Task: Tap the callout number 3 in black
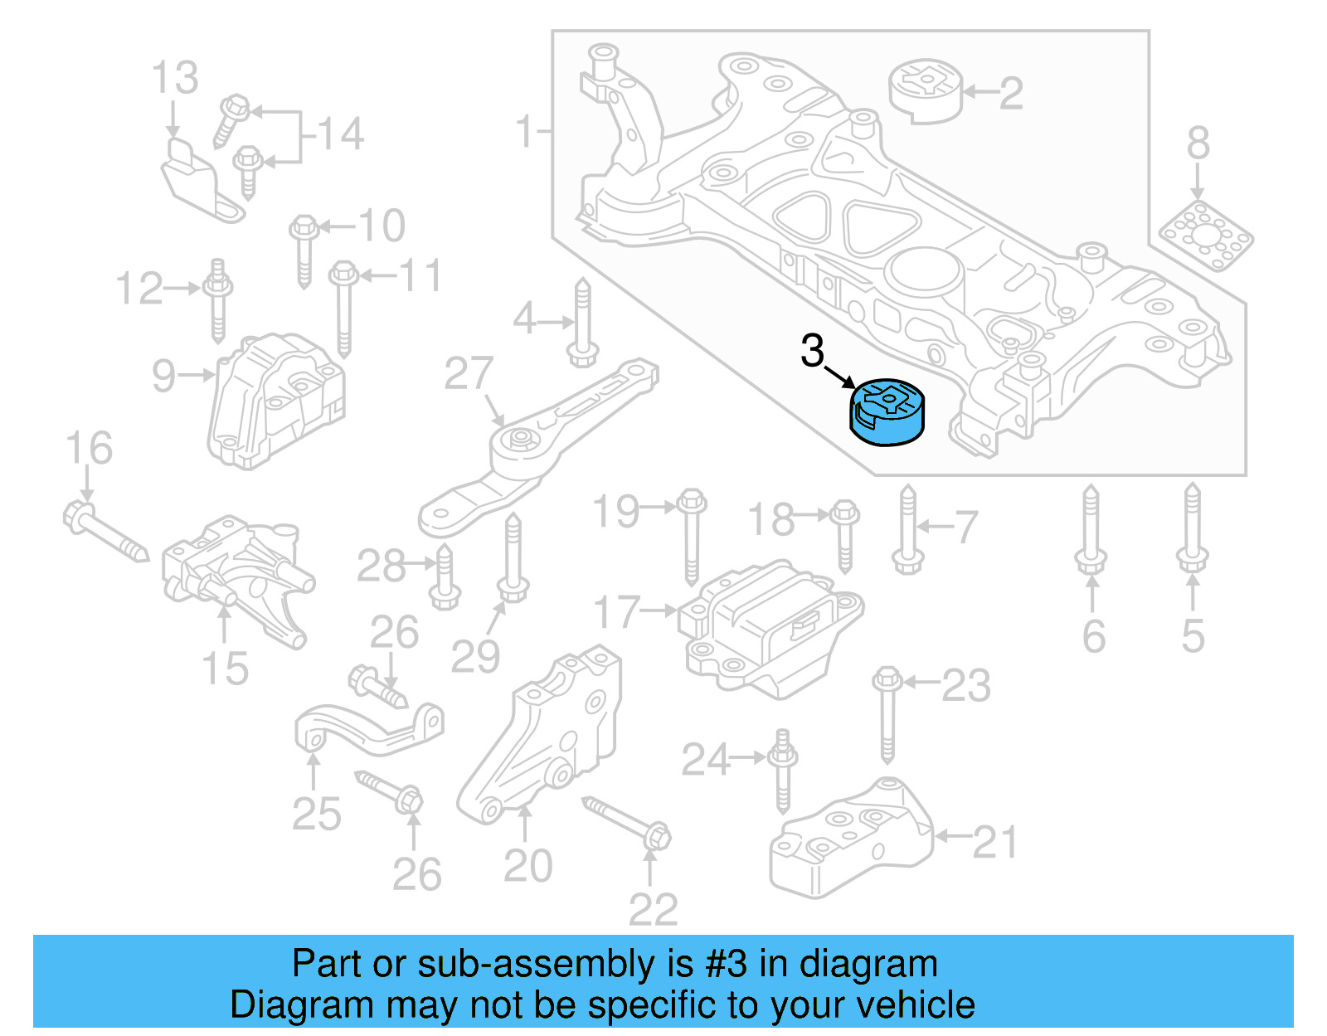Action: (812, 351)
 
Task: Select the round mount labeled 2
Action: (926, 90)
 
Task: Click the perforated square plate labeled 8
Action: (1207, 235)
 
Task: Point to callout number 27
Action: (469, 374)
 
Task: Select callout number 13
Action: (175, 78)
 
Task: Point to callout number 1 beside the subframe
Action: (524, 131)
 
